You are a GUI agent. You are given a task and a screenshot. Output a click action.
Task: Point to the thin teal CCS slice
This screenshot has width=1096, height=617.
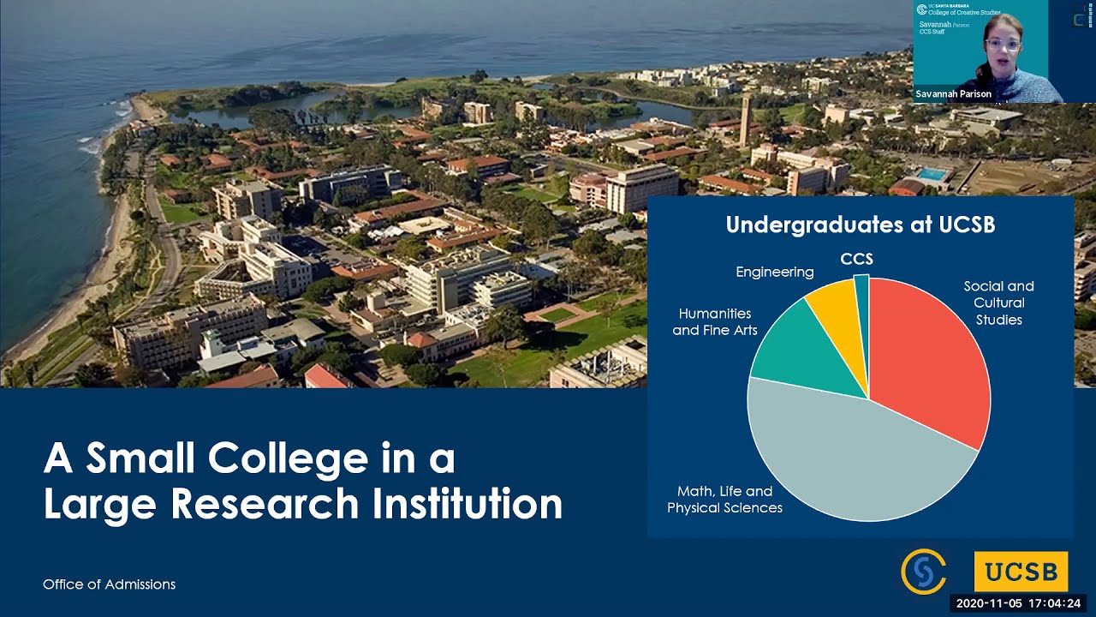pos(862,296)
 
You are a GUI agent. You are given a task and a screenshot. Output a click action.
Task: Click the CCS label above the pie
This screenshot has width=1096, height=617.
pos(856,259)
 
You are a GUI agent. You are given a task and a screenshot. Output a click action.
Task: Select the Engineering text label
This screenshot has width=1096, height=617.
pos(775,272)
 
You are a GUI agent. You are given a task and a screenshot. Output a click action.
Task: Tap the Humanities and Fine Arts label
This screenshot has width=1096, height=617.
pos(715,322)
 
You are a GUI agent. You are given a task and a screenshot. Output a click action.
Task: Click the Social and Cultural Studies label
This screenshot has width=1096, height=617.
pos(998,303)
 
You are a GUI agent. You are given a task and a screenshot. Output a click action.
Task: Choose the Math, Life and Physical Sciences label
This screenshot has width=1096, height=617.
pos(724,500)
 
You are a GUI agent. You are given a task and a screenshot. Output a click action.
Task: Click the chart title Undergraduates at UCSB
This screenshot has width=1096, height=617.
pos(860,225)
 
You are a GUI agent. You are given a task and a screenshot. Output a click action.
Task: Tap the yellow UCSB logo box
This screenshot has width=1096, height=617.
pos(1021,572)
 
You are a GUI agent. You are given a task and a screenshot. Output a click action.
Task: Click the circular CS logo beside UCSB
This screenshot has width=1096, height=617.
pos(923,572)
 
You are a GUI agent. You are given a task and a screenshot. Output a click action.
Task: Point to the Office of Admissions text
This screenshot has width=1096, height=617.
pos(109,584)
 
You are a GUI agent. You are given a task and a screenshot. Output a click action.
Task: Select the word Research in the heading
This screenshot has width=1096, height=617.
pos(268,503)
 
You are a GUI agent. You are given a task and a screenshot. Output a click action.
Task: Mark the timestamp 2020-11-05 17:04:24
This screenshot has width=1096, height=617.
pos(1018,603)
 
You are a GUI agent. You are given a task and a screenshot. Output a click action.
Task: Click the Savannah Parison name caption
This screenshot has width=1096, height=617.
pos(953,94)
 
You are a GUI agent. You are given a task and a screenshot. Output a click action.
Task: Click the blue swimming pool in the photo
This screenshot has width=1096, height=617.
pos(932,174)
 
